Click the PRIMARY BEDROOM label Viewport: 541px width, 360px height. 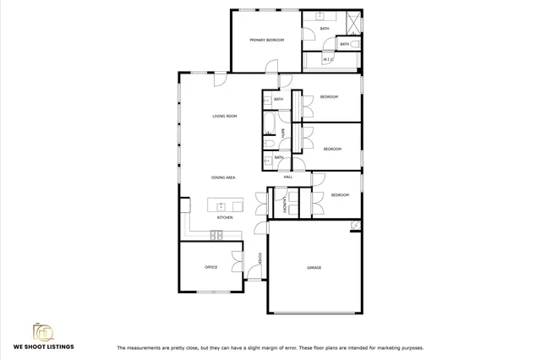266,40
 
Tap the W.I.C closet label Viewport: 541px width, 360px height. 329,60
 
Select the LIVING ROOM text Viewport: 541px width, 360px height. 224,116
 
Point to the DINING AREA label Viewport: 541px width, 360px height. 223,177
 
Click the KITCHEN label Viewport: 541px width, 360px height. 225,218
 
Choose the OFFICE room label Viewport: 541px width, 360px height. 211,267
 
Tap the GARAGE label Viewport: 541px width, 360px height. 314,268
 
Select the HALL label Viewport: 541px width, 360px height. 287,177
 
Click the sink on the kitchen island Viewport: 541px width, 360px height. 222,205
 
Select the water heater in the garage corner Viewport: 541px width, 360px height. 355,225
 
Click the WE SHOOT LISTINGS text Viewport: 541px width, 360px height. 43,346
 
